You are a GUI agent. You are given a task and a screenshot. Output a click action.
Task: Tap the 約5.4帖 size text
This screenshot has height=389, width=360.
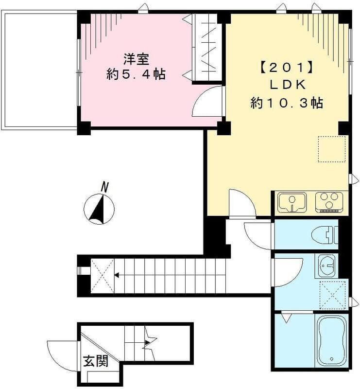[136, 74]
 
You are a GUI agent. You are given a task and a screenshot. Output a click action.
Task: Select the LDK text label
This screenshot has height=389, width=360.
[287, 85]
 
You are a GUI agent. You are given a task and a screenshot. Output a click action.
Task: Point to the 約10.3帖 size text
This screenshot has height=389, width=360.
[287, 103]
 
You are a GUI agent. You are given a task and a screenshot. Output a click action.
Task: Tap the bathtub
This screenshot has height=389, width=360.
[332, 341]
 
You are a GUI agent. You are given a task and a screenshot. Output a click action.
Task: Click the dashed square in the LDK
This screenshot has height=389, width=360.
[332, 149]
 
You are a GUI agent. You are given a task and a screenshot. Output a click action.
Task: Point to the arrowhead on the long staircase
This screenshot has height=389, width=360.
[117, 275]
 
